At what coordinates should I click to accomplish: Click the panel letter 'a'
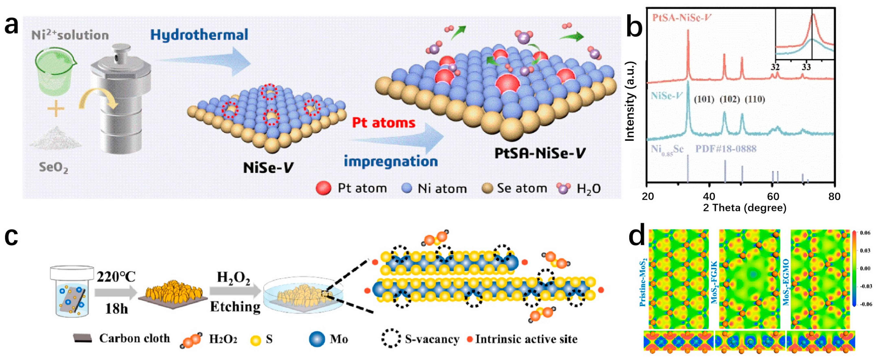click(11, 26)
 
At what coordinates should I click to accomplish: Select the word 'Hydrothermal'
click(199, 35)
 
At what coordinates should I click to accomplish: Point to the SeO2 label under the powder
click(54, 167)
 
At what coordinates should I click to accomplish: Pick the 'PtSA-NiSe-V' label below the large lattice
click(540, 154)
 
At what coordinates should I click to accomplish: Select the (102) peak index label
click(730, 100)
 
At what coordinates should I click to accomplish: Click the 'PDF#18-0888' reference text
click(725, 149)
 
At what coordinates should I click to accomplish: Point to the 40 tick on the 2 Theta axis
click(709, 197)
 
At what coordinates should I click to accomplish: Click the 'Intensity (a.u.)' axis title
click(631, 101)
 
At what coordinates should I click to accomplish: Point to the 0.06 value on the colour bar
click(865, 233)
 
